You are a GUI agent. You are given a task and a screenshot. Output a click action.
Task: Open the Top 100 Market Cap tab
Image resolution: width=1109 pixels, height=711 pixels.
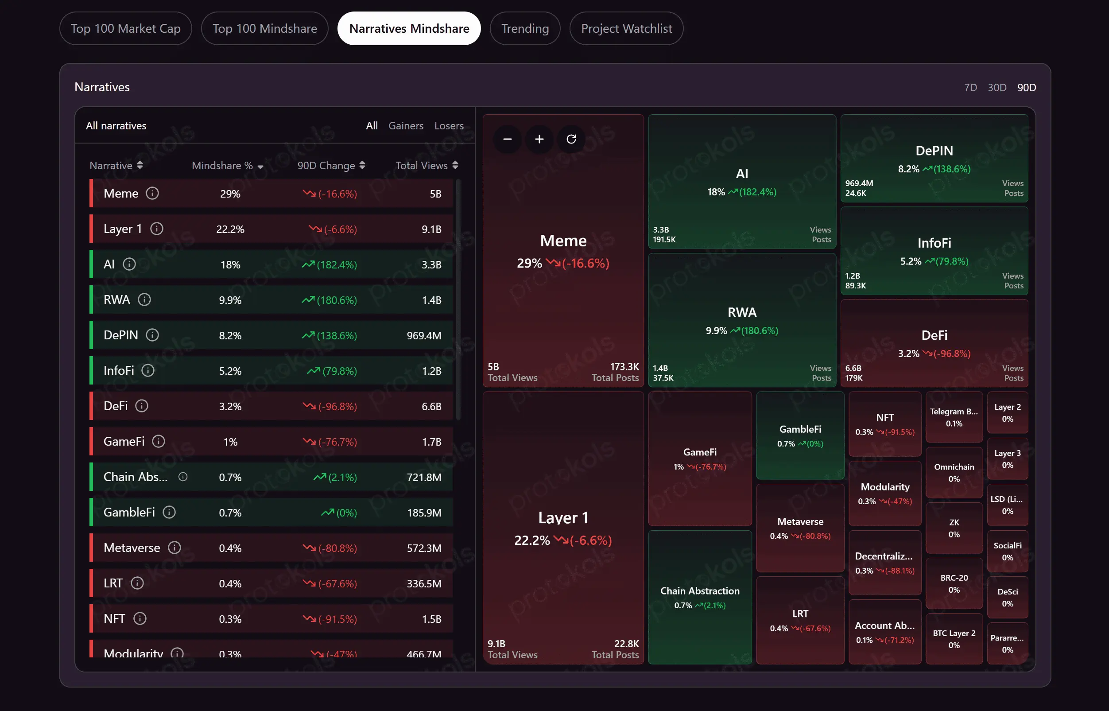coord(125,29)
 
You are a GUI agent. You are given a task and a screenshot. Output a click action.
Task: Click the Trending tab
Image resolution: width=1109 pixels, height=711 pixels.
coord(525,29)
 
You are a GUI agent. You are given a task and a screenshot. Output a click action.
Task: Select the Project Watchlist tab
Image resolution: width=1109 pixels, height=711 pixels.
coord(626,29)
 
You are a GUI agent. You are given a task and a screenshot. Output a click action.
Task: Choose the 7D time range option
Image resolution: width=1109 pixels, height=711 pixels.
coord(970,88)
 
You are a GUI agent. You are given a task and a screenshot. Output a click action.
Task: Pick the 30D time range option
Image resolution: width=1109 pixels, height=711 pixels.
coord(997,88)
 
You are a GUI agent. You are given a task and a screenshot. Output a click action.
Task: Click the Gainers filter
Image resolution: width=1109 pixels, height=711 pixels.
coord(406,125)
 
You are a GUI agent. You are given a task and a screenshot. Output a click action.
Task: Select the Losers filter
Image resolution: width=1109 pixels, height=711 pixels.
coord(449,125)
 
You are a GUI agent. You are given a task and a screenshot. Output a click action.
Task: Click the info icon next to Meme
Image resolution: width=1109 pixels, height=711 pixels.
coord(152,194)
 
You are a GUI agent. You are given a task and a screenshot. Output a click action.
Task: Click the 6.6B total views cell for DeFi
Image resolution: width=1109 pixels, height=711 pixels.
coord(431,407)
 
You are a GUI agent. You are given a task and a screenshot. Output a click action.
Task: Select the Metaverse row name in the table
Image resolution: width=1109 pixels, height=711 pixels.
coord(132,548)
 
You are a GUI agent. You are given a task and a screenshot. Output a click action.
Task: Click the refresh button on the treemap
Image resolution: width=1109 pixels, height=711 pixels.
coord(571,139)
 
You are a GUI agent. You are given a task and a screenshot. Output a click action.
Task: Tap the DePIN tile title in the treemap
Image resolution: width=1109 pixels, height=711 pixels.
coord(934,151)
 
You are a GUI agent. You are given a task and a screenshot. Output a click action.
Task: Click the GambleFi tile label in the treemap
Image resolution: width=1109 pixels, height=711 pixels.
coord(800,429)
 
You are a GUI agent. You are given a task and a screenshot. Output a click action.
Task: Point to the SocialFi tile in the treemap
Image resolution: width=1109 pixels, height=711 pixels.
coord(1008,551)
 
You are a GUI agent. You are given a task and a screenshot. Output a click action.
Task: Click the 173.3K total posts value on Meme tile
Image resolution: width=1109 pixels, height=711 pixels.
coord(624,367)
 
